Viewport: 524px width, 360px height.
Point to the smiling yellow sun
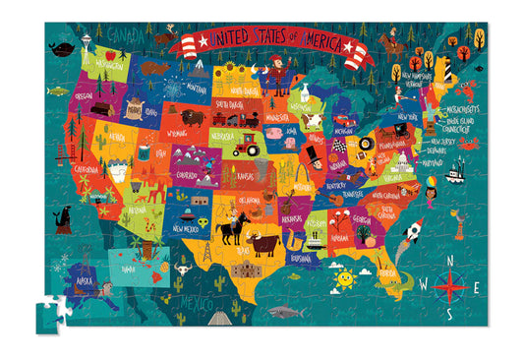(x=343, y=280)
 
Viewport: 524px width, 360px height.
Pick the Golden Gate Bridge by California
(x=68, y=150)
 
